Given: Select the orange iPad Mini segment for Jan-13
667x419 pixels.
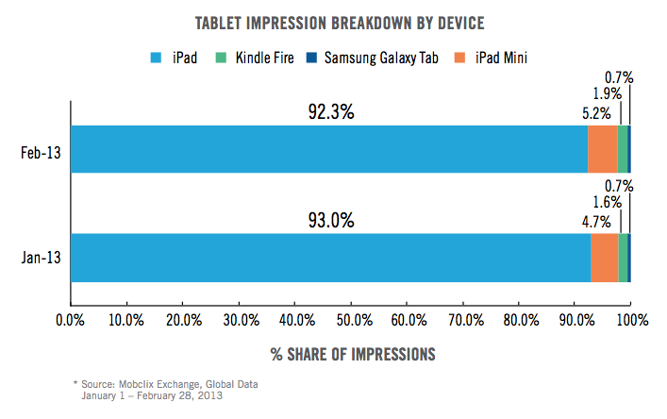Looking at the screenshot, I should pyautogui.click(x=605, y=258).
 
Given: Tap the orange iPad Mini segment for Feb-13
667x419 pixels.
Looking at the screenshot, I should pyautogui.click(x=602, y=149).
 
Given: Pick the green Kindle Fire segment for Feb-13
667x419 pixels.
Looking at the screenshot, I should pyautogui.click(x=623, y=149).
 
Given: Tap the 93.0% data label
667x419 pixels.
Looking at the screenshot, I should pyautogui.click(x=330, y=220).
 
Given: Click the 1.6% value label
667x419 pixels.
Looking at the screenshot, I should pyautogui.click(x=608, y=202).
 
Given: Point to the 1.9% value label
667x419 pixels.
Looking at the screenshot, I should pyautogui.click(x=608, y=93).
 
